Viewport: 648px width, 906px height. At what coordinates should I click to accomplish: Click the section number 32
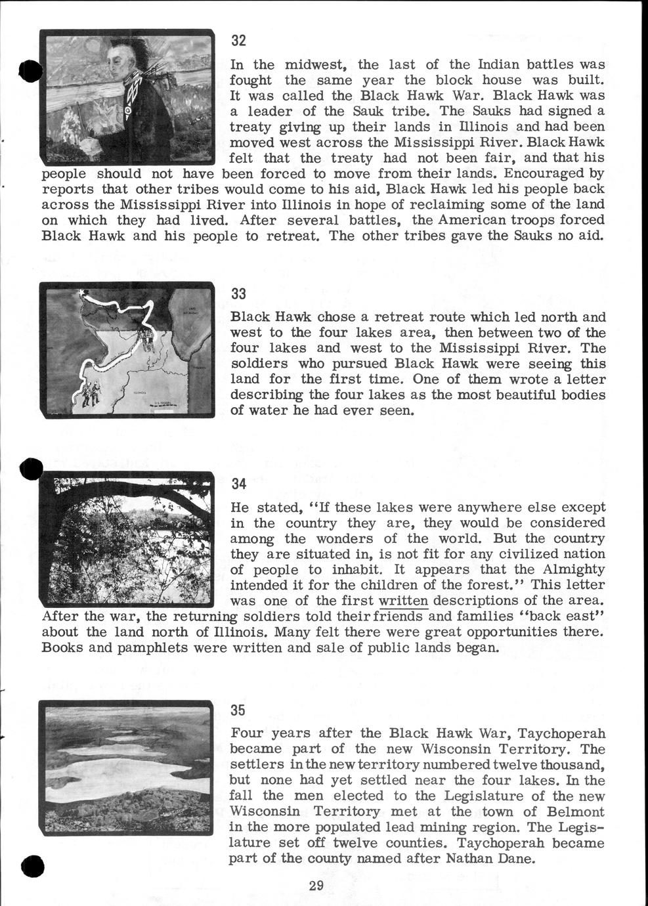[x=238, y=41]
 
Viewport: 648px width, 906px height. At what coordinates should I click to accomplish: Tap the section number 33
[x=238, y=293]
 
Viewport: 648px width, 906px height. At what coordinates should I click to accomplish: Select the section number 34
[x=238, y=484]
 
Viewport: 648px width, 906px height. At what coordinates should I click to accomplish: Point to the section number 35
[x=238, y=710]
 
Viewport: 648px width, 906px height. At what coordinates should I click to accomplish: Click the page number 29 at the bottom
[x=316, y=885]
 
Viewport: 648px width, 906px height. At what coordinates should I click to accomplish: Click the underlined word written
[x=404, y=601]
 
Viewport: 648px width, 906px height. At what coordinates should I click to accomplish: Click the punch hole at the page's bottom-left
[x=32, y=866]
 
